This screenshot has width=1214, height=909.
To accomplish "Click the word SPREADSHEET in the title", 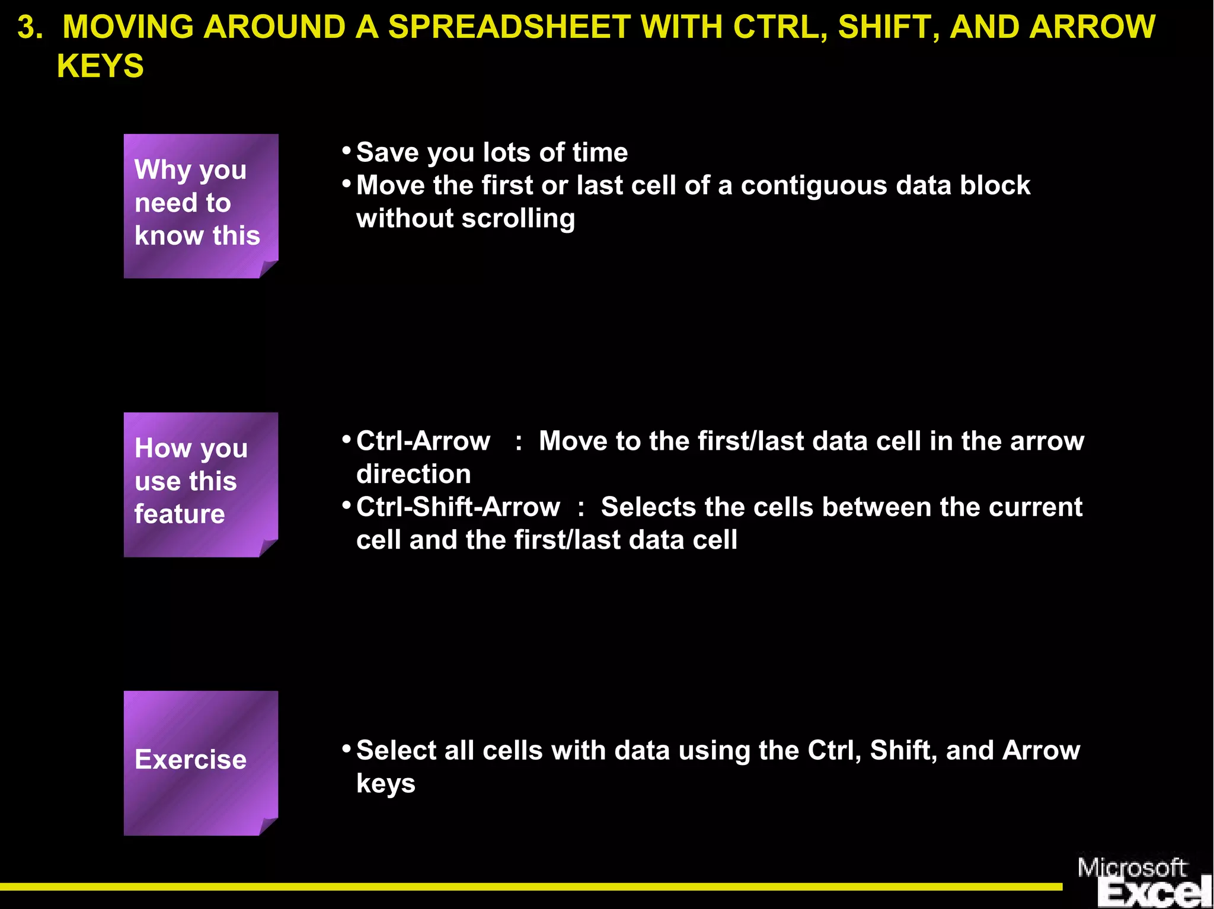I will tap(509, 27).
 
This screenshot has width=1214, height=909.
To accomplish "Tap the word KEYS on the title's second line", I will tap(100, 66).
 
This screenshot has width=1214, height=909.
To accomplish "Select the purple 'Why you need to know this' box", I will tap(200, 205).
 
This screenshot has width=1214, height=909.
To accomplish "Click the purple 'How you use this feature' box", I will tap(200, 484).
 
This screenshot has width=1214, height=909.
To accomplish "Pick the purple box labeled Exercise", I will tap(200, 763).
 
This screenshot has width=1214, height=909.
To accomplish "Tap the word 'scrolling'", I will tap(518, 219).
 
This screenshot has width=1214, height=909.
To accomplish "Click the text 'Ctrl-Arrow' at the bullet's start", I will tap(423, 441).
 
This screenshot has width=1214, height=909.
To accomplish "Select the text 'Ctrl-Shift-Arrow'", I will tap(458, 507).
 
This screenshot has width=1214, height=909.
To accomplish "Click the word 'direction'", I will tap(413, 475).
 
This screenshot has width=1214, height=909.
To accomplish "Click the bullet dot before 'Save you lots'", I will tap(347, 151).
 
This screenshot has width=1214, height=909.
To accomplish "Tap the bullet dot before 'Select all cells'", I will tap(347, 748).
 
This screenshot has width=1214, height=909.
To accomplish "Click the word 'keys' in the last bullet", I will tap(385, 784).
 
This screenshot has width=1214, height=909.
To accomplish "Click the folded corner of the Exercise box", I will tap(269, 826).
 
